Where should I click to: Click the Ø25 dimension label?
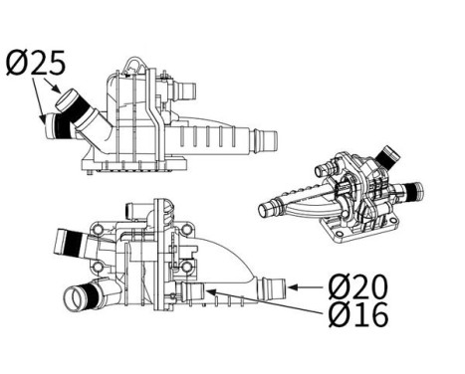click(x=36, y=64)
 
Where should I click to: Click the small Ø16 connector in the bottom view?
click(x=195, y=292)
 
